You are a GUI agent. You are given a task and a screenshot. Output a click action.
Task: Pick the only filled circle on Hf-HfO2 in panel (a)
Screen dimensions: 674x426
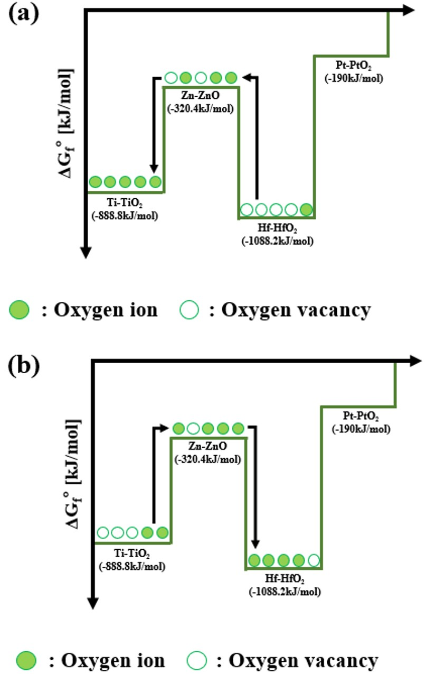tap(306, 209)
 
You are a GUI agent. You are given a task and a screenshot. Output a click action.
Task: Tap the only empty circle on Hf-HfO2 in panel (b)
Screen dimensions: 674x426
tap(314, 559)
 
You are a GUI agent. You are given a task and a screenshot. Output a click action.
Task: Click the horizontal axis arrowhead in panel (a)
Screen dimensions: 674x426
tap(410, 9)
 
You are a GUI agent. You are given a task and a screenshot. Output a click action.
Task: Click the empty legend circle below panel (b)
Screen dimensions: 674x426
tap(196, 660)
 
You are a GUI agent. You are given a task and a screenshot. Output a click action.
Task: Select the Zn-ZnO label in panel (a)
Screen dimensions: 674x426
tap(200, 98)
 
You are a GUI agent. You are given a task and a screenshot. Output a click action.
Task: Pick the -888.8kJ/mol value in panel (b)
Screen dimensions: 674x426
tap(132, 567)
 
